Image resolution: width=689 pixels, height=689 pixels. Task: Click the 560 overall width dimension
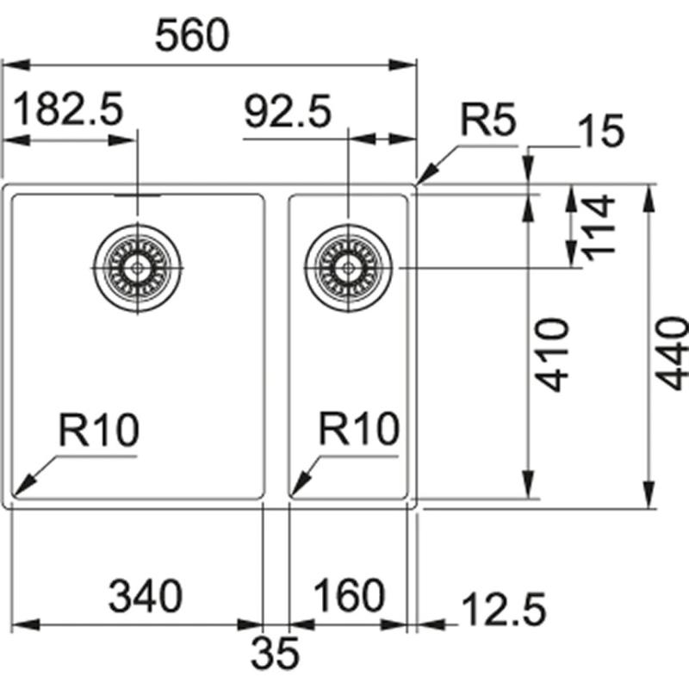coord(194,36)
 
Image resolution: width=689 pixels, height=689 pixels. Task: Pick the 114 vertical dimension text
coord(597,226)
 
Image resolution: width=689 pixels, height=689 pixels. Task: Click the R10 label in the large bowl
coord(98,429)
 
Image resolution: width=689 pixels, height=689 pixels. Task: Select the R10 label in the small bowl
coord(359,429)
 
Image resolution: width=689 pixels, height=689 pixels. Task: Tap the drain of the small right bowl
coord(348,268)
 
